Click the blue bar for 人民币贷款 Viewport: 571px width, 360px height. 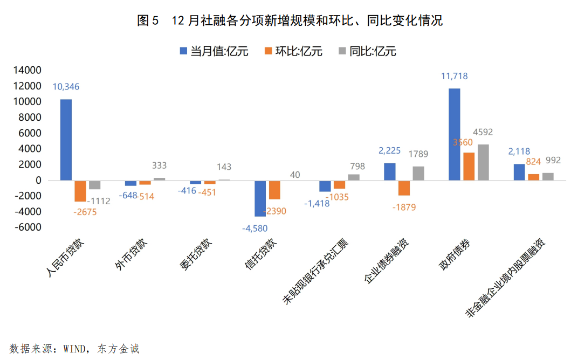[x=66, y=140]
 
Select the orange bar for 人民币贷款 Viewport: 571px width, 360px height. [x=80, y=191]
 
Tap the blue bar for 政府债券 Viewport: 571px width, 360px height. [x=455, y=134]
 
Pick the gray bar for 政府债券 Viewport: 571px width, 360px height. [x=483, y=162]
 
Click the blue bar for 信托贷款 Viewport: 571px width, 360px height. [x=260, y=198]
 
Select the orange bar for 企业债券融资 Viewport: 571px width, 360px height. [x=404, y=188]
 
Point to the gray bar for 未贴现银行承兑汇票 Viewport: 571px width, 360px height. [x=354, y=177]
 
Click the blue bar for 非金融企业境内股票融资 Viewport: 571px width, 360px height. [x=519, y=172]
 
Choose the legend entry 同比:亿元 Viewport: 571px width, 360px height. [x=367, y=51]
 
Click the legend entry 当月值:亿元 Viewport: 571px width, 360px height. [x=214, y=51]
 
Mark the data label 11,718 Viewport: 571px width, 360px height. [x=455, y=77]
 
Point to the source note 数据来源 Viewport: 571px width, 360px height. [x=74, y=349]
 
